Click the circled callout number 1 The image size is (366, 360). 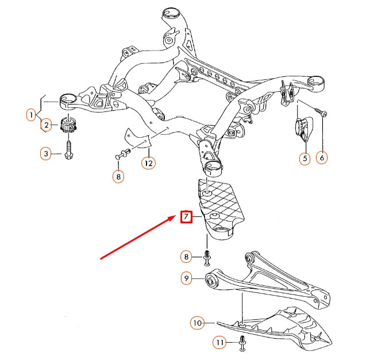pyautogui.click(x=30, y=115)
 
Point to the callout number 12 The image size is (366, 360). pyautogui.click(x=149, y=164)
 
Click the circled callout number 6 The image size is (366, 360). pyautogui.click(x=322, y=158)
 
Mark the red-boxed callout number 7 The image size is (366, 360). pyautogui.click(x=186, y=217)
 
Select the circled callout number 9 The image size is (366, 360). pyautogui.click(x=186, y=278)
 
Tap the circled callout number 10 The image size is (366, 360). pyautogui.click(x=197, y=323)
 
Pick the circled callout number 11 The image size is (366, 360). pyautogui.click(x=219, y=343)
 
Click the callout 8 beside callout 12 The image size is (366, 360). pyautogui.click(x=118, y=177)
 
